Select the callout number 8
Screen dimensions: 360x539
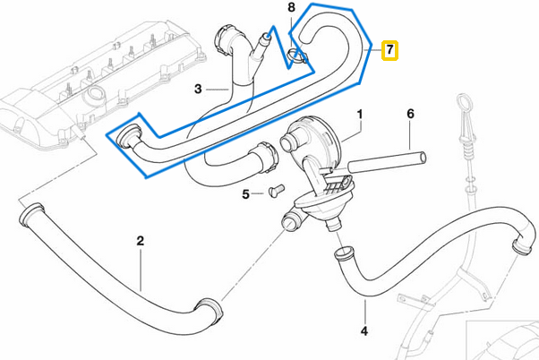[290, 8]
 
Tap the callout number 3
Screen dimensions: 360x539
[199, 88]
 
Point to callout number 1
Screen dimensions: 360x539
[360, 115]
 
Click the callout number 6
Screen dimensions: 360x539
[411, 115]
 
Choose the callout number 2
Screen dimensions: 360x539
[140, 240]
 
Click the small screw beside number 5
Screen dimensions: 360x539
[275, 190]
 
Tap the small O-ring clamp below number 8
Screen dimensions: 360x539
[298, 60]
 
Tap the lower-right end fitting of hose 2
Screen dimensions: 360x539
[213, 307]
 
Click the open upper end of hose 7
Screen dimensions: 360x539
[301, 33]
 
